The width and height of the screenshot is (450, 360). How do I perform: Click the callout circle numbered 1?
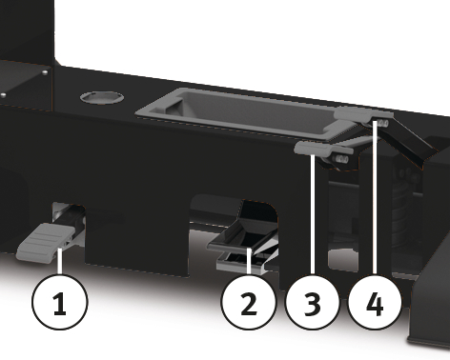pos(60,302)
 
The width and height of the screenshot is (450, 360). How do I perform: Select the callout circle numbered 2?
pos(249,302)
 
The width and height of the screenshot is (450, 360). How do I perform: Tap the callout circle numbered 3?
pos(312,302)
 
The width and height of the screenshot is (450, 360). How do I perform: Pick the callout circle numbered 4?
pos(375,302)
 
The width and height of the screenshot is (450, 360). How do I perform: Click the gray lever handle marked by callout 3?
pos(315,149)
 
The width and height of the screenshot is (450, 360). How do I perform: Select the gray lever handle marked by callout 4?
pos(362,113)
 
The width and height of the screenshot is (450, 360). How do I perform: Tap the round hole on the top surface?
pos(102,97)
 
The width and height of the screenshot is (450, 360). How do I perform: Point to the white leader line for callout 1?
pos(59,261)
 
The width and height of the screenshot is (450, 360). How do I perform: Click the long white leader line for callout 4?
pos(375,197)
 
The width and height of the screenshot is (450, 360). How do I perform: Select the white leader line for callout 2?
pos(249,262)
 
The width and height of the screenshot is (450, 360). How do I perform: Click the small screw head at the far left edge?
pos(3,95)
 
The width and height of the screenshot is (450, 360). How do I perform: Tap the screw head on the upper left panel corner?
pos(45,72)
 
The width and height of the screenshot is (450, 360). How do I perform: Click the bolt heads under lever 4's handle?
pos(381,124)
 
